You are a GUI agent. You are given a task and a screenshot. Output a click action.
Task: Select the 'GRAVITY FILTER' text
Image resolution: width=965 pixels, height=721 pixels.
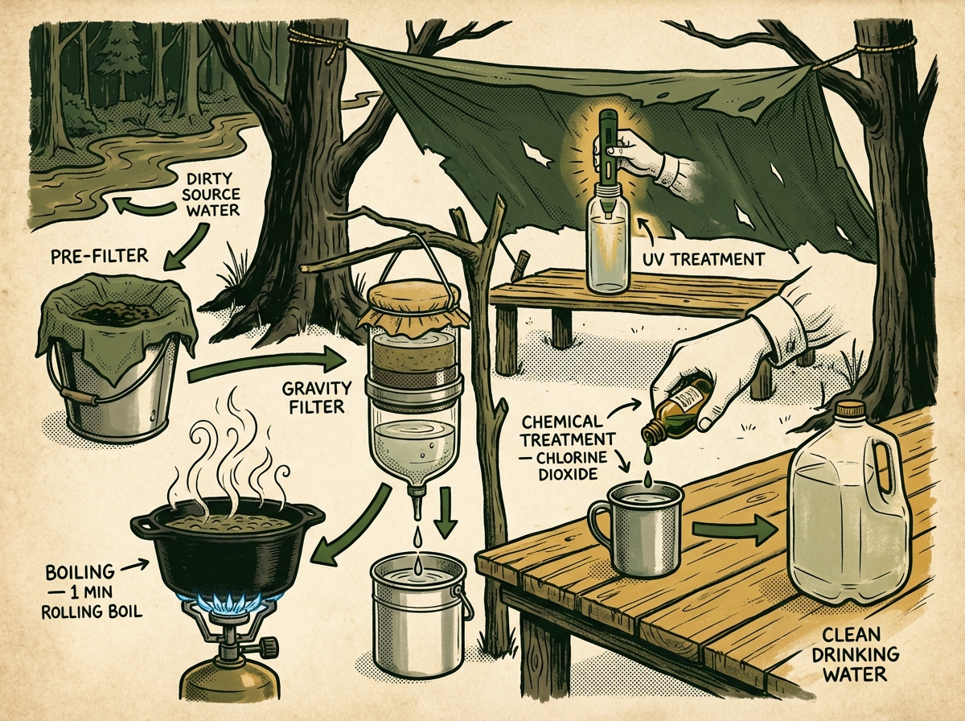[313, 397]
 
